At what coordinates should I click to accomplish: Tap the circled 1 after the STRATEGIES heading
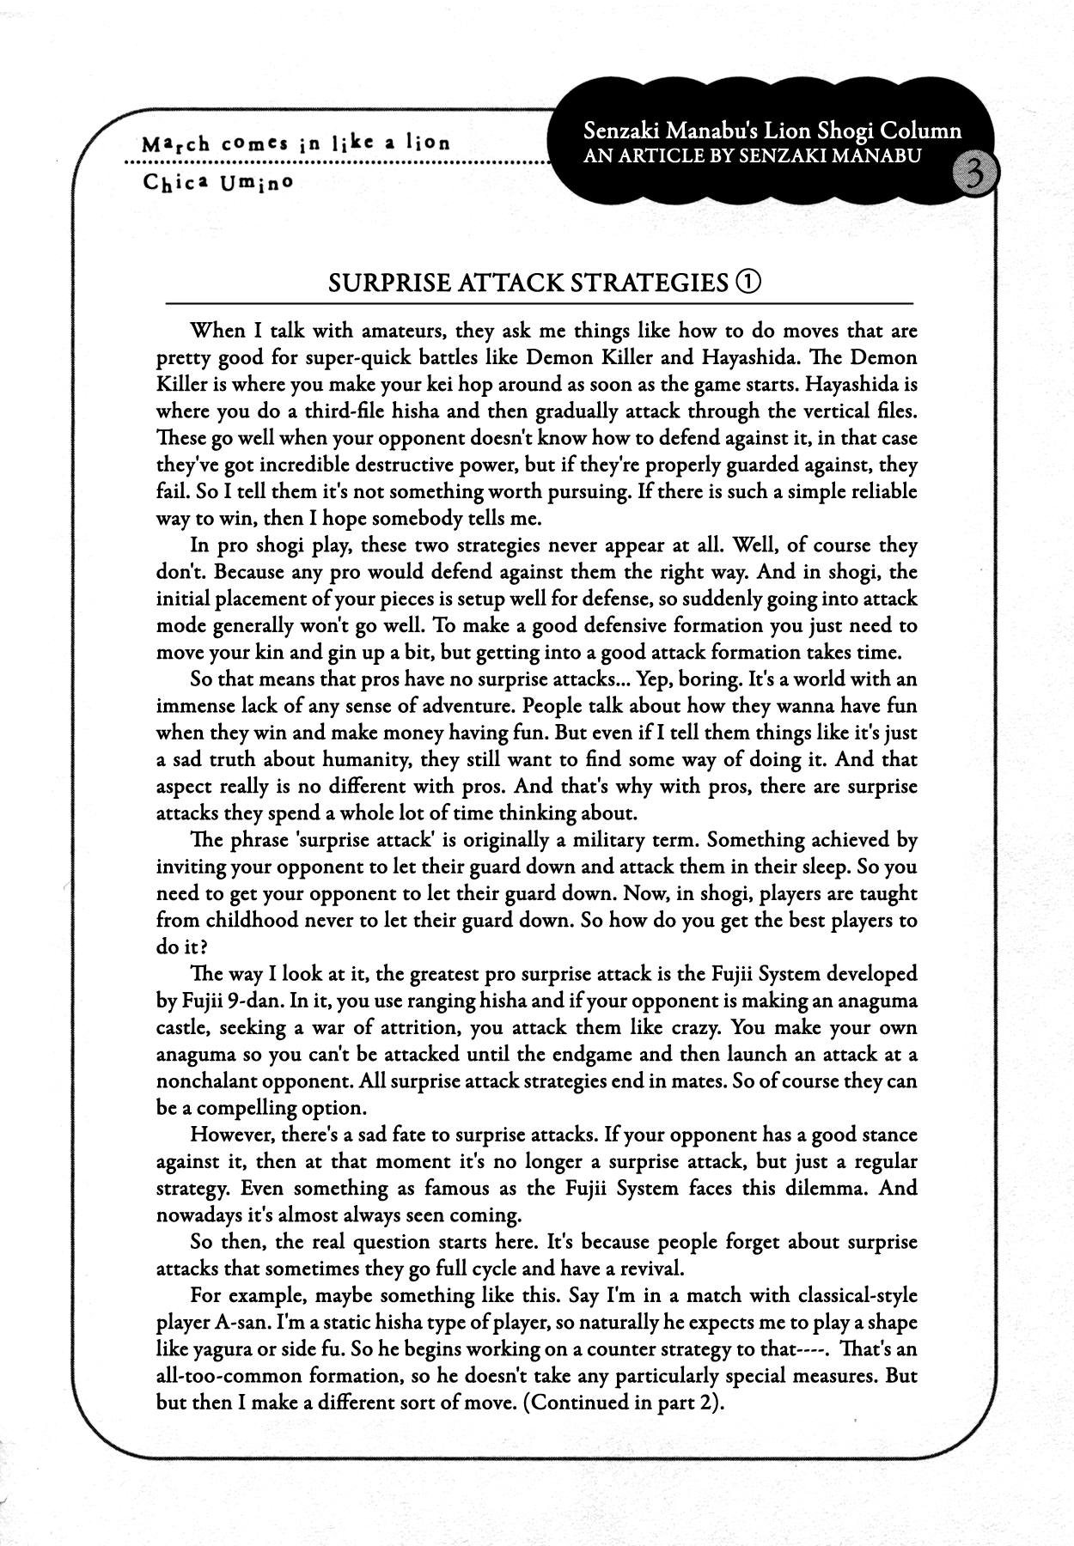[x=748, y=282]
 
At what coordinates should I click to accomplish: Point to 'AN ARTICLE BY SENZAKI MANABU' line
[x=752, y=155]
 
